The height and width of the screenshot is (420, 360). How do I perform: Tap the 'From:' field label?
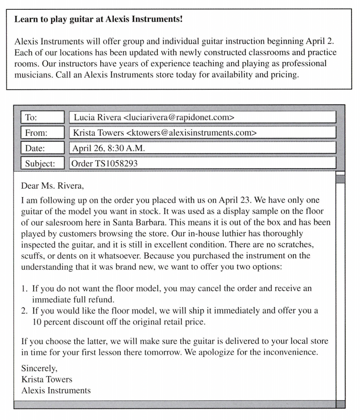tap(36, 133)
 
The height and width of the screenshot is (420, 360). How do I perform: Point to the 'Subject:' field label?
tap(40, 163)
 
